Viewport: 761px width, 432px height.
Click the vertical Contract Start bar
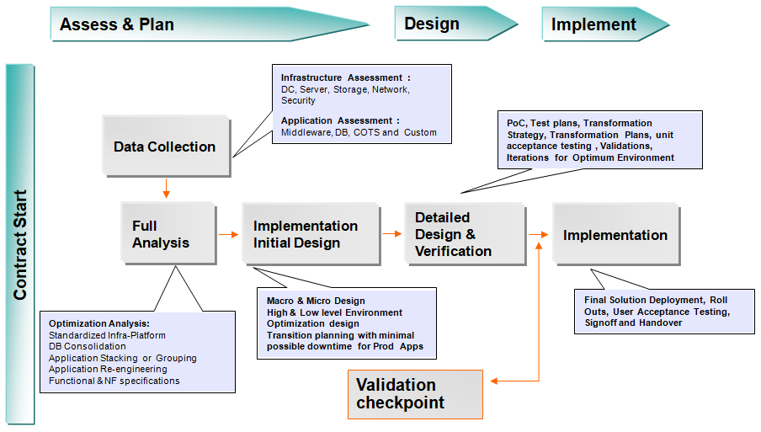point(20,244)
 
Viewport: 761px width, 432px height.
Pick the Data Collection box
point(165,147)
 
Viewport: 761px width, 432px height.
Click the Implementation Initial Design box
point(306,234)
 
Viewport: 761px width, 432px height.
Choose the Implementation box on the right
point(615,235)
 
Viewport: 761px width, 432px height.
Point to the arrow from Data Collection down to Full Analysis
point(166,189)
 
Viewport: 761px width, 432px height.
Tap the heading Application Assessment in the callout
point(340,120)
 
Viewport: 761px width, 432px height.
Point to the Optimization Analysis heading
point(98,323)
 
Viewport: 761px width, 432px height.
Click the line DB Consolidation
point(88,346)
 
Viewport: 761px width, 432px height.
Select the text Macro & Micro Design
point(316,301)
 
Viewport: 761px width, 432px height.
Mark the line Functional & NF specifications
point(114,381)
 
